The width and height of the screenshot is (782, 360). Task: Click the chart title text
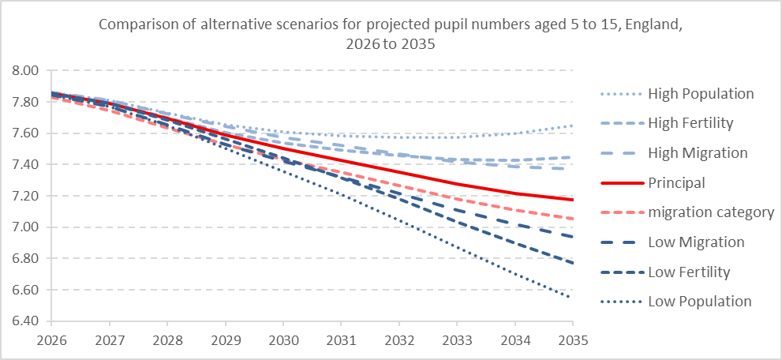(391, 34)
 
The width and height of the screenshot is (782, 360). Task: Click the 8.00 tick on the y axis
(25, 70)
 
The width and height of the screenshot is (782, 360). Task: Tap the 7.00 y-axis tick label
(25, 227)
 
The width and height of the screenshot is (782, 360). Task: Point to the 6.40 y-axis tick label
(25, 321)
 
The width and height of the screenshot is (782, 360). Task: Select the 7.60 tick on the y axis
(25, 133)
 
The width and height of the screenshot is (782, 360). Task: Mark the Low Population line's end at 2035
(572, 298)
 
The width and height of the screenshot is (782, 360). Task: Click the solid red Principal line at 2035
(572, 200)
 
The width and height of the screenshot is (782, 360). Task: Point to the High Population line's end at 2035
(572, 126)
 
